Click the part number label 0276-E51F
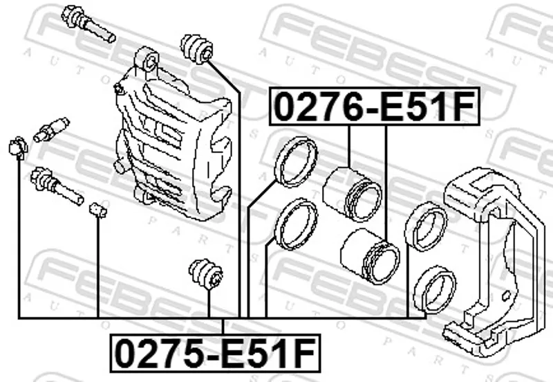click(x=375, y=107)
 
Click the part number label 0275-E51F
click(x=216, y=353)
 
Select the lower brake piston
click(x=370, y=255)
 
